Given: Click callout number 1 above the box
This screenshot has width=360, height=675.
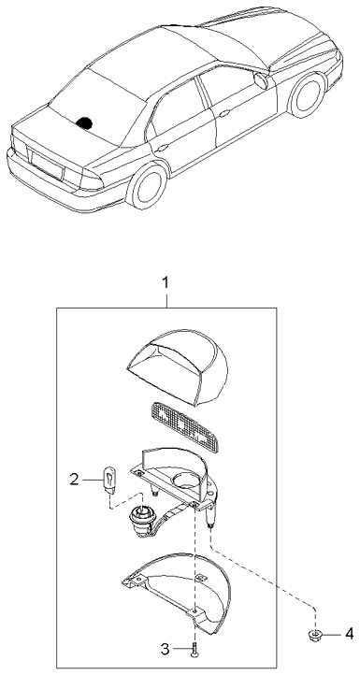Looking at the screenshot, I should (166, 281).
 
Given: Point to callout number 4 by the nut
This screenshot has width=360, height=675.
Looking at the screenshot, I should (350, 634).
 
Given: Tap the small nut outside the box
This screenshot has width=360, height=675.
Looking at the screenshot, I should (315, 636).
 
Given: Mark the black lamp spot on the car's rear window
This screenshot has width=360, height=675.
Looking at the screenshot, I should (85, 121).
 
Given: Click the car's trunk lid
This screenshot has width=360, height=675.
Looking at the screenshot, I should (56, 130).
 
